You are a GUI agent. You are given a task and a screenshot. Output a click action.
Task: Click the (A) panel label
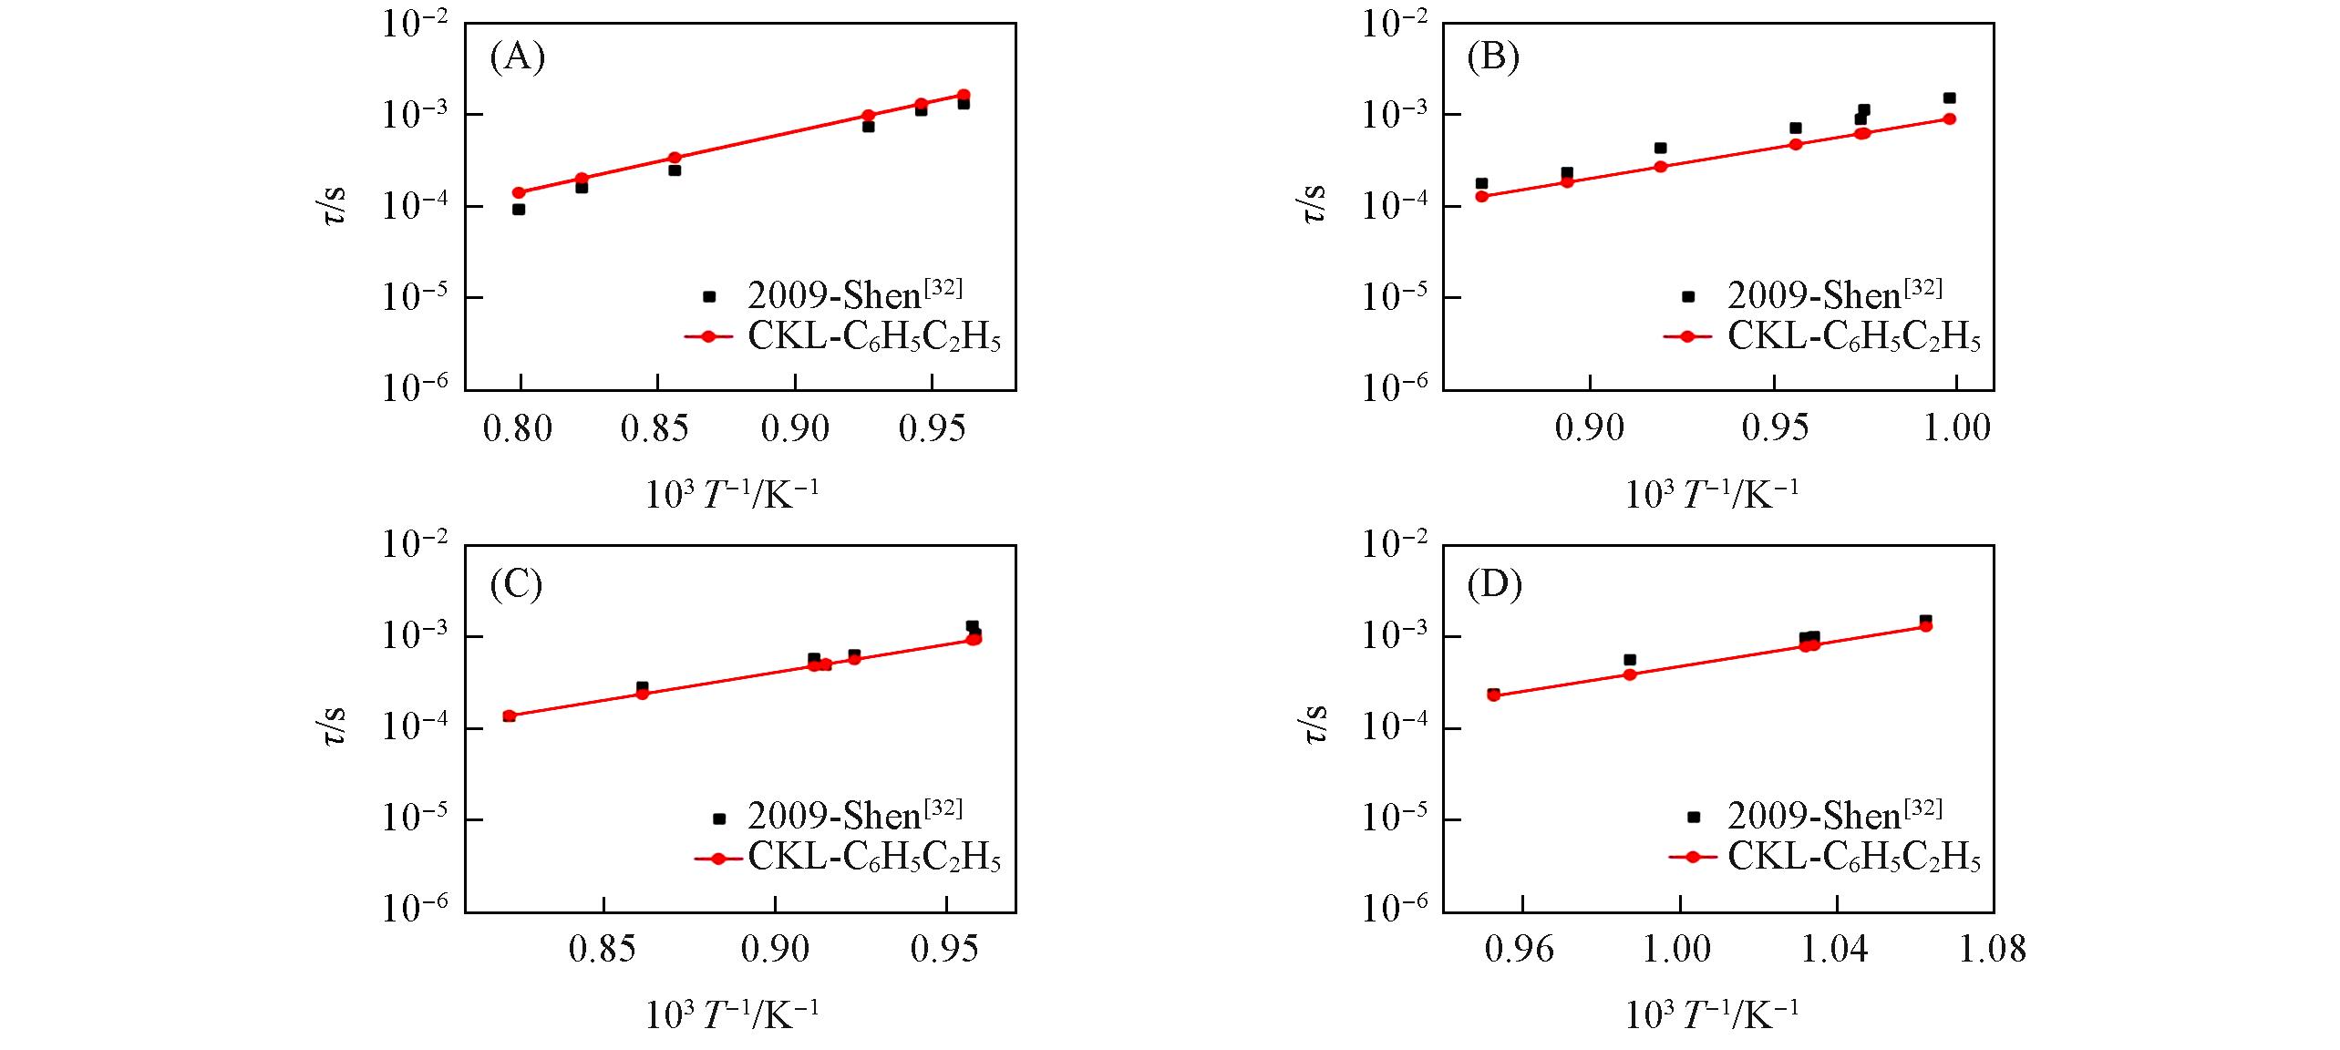click(x=517, y=57)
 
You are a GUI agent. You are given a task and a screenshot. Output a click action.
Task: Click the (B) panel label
click(x=1493, y=57)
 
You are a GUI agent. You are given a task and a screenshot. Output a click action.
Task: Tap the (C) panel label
click(x=516, y=584)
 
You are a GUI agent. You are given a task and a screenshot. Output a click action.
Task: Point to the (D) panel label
click(x=1494, y=584)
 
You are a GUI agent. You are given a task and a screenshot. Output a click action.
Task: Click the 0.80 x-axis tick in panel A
click(x=518, y=428)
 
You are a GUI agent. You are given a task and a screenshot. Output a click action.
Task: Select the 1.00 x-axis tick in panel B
click(x=1957, y=428)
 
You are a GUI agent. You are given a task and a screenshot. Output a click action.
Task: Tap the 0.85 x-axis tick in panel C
click(x=603, y=950)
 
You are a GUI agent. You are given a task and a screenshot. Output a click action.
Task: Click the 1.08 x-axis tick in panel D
click(x=1993, y=950)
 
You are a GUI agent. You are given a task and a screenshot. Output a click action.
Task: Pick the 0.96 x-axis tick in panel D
click(x=1520, y=950)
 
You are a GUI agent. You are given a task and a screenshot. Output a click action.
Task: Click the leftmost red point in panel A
click(x=519, y=192)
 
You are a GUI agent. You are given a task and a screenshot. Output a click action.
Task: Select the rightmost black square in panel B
click(x=1949, y=98)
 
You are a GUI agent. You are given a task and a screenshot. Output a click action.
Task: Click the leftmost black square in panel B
click(x=1481, y=183)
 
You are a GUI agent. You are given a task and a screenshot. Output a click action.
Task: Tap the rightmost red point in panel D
click(x=1925, y=625)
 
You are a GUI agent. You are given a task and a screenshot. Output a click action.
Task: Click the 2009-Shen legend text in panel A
click(x=854, y=295)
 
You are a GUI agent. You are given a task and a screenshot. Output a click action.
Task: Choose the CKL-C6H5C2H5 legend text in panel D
click(x=1853, y=858)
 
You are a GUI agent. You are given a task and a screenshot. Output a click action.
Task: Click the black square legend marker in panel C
click(x=718, y=818)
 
